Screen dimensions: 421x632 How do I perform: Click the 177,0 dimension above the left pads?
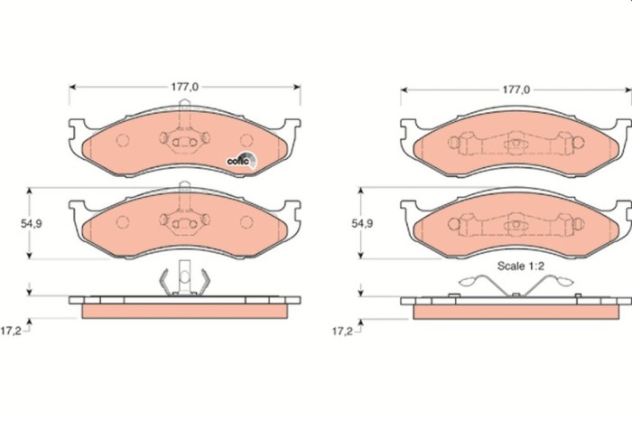(x=184, y=87)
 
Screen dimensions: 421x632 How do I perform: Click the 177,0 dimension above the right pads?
(x=516, y=90)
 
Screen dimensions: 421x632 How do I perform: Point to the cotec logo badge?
(x=241, y=159)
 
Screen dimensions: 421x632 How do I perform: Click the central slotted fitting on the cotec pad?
(x=183, y=142)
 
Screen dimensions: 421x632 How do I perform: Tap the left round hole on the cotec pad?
(x=124, y=142)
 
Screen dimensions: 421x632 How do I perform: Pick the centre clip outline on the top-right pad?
(x=515, y=144)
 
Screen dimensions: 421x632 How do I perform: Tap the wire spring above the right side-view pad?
(x=516, y=285)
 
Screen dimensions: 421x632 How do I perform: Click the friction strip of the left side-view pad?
(x=184, y=310)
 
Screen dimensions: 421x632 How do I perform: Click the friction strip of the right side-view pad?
(x=516, y=310)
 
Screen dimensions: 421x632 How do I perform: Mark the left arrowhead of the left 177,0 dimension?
(x=72, y=87)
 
